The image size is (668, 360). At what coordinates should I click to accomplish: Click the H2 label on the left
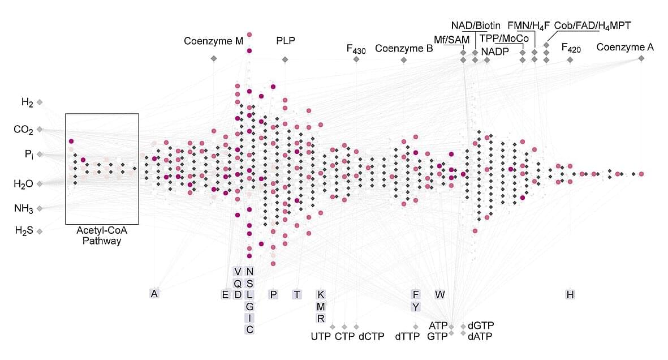pos(27,102)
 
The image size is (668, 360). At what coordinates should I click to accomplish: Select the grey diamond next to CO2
pos(40,129)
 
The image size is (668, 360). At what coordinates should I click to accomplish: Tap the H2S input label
pos(24,231)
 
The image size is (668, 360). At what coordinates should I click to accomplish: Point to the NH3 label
pos(23,208)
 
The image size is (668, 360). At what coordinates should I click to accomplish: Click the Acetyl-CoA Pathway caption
pos(102,235)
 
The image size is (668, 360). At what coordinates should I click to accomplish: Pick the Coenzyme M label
pos(213,41)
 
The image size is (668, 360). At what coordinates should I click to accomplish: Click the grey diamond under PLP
pos(285,59)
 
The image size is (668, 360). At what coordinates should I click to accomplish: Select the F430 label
pos(356,49)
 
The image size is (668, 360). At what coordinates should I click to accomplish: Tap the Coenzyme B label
pos(404,48)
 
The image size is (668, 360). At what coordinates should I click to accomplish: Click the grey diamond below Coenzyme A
pos(641,58)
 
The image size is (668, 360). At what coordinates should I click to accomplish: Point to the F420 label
pos(571,48)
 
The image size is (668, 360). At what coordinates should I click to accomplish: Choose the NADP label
pos(495,52)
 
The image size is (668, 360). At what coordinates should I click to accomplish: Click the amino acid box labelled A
pos(154,293)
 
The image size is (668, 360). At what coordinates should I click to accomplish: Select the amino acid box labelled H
pos(570,294)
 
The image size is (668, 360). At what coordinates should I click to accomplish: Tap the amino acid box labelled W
pos(439,294)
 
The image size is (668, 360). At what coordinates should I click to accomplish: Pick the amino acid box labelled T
pos(297,294)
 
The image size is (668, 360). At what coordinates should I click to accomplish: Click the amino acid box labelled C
pos(249,329)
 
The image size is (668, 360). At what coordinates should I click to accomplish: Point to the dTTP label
pos(407,337)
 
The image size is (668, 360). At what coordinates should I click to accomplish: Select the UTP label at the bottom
pos(321,337)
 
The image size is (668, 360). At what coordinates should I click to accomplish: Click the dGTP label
pos(481,326)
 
